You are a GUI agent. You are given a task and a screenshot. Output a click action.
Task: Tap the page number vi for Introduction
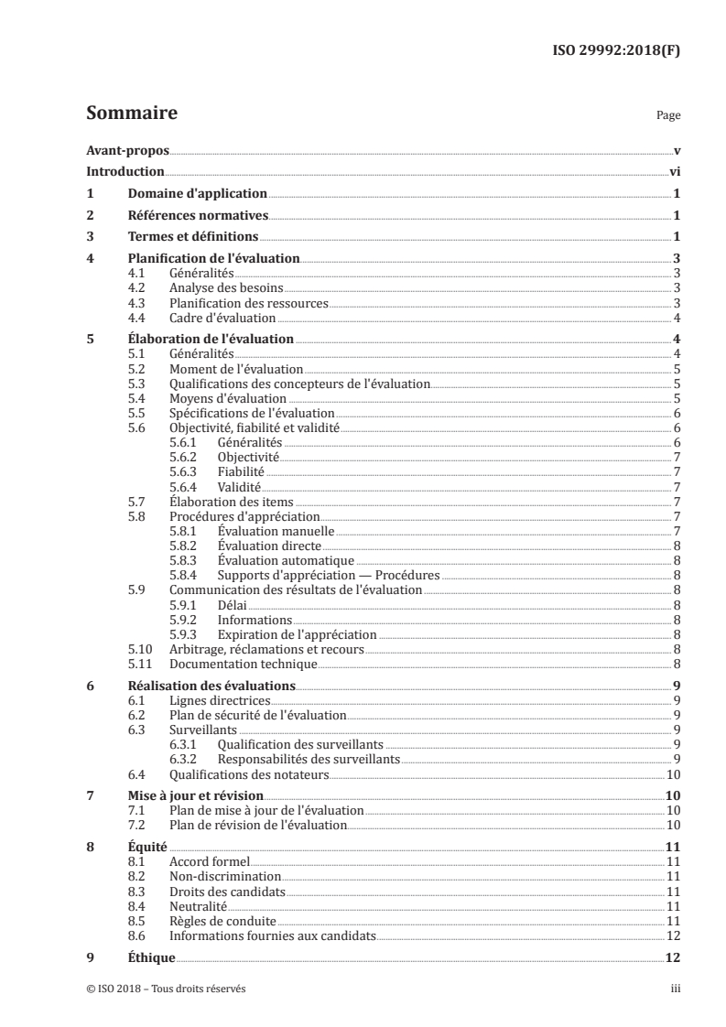[x=674, y=171]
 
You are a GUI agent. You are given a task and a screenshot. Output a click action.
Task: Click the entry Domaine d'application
[x=197, y=194]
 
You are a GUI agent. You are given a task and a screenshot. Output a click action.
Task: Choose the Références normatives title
[x=198, y=216]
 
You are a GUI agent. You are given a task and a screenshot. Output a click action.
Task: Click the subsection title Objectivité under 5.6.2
[x=248, y=457]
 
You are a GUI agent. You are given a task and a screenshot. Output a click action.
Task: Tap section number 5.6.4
[x=186, y=486]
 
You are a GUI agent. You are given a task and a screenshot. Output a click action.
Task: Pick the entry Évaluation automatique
[x=285, y=560]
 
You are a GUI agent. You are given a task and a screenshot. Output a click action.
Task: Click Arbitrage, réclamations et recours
[x=266, y=649]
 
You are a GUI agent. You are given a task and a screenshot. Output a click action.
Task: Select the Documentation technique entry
[x=243, y=664]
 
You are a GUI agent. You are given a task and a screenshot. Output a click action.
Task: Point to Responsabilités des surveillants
[x=309, y=760]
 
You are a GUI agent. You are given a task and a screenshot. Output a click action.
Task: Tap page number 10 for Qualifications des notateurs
[x=673, y=774]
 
